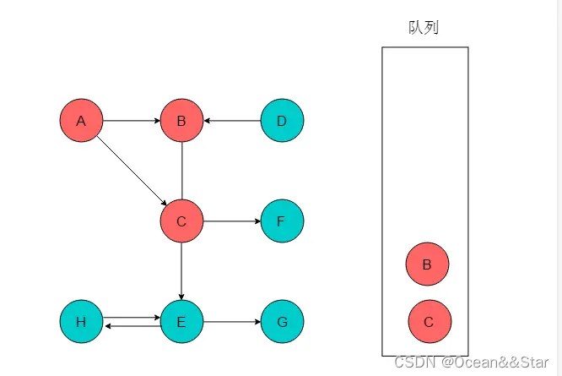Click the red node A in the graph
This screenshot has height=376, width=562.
tap(81, 121)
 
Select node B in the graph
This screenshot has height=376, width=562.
tap(181, 121)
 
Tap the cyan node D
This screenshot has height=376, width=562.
tap(282, 121)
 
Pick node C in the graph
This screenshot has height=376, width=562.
tap(181, 221)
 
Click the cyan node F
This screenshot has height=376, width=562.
tap(282, 221)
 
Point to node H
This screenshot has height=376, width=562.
tap(81, 322)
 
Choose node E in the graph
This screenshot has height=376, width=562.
tap(181, 322)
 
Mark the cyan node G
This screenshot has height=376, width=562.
tap(282, 322)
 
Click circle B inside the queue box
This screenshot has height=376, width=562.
tap(427, 264)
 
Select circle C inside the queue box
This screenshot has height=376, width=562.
tap(430, 322)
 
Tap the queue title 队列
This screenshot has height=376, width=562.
tap(424, 28)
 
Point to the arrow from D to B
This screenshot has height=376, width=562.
tap(232, 121)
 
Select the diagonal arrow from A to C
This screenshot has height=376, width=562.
tap(132, 171)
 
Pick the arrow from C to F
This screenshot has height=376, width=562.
tap(232, 221)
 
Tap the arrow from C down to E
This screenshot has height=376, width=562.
tap(181, 271)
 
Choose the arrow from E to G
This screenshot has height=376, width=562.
tap(232, 322)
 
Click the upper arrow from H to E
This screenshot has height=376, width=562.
tap(131, 318)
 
